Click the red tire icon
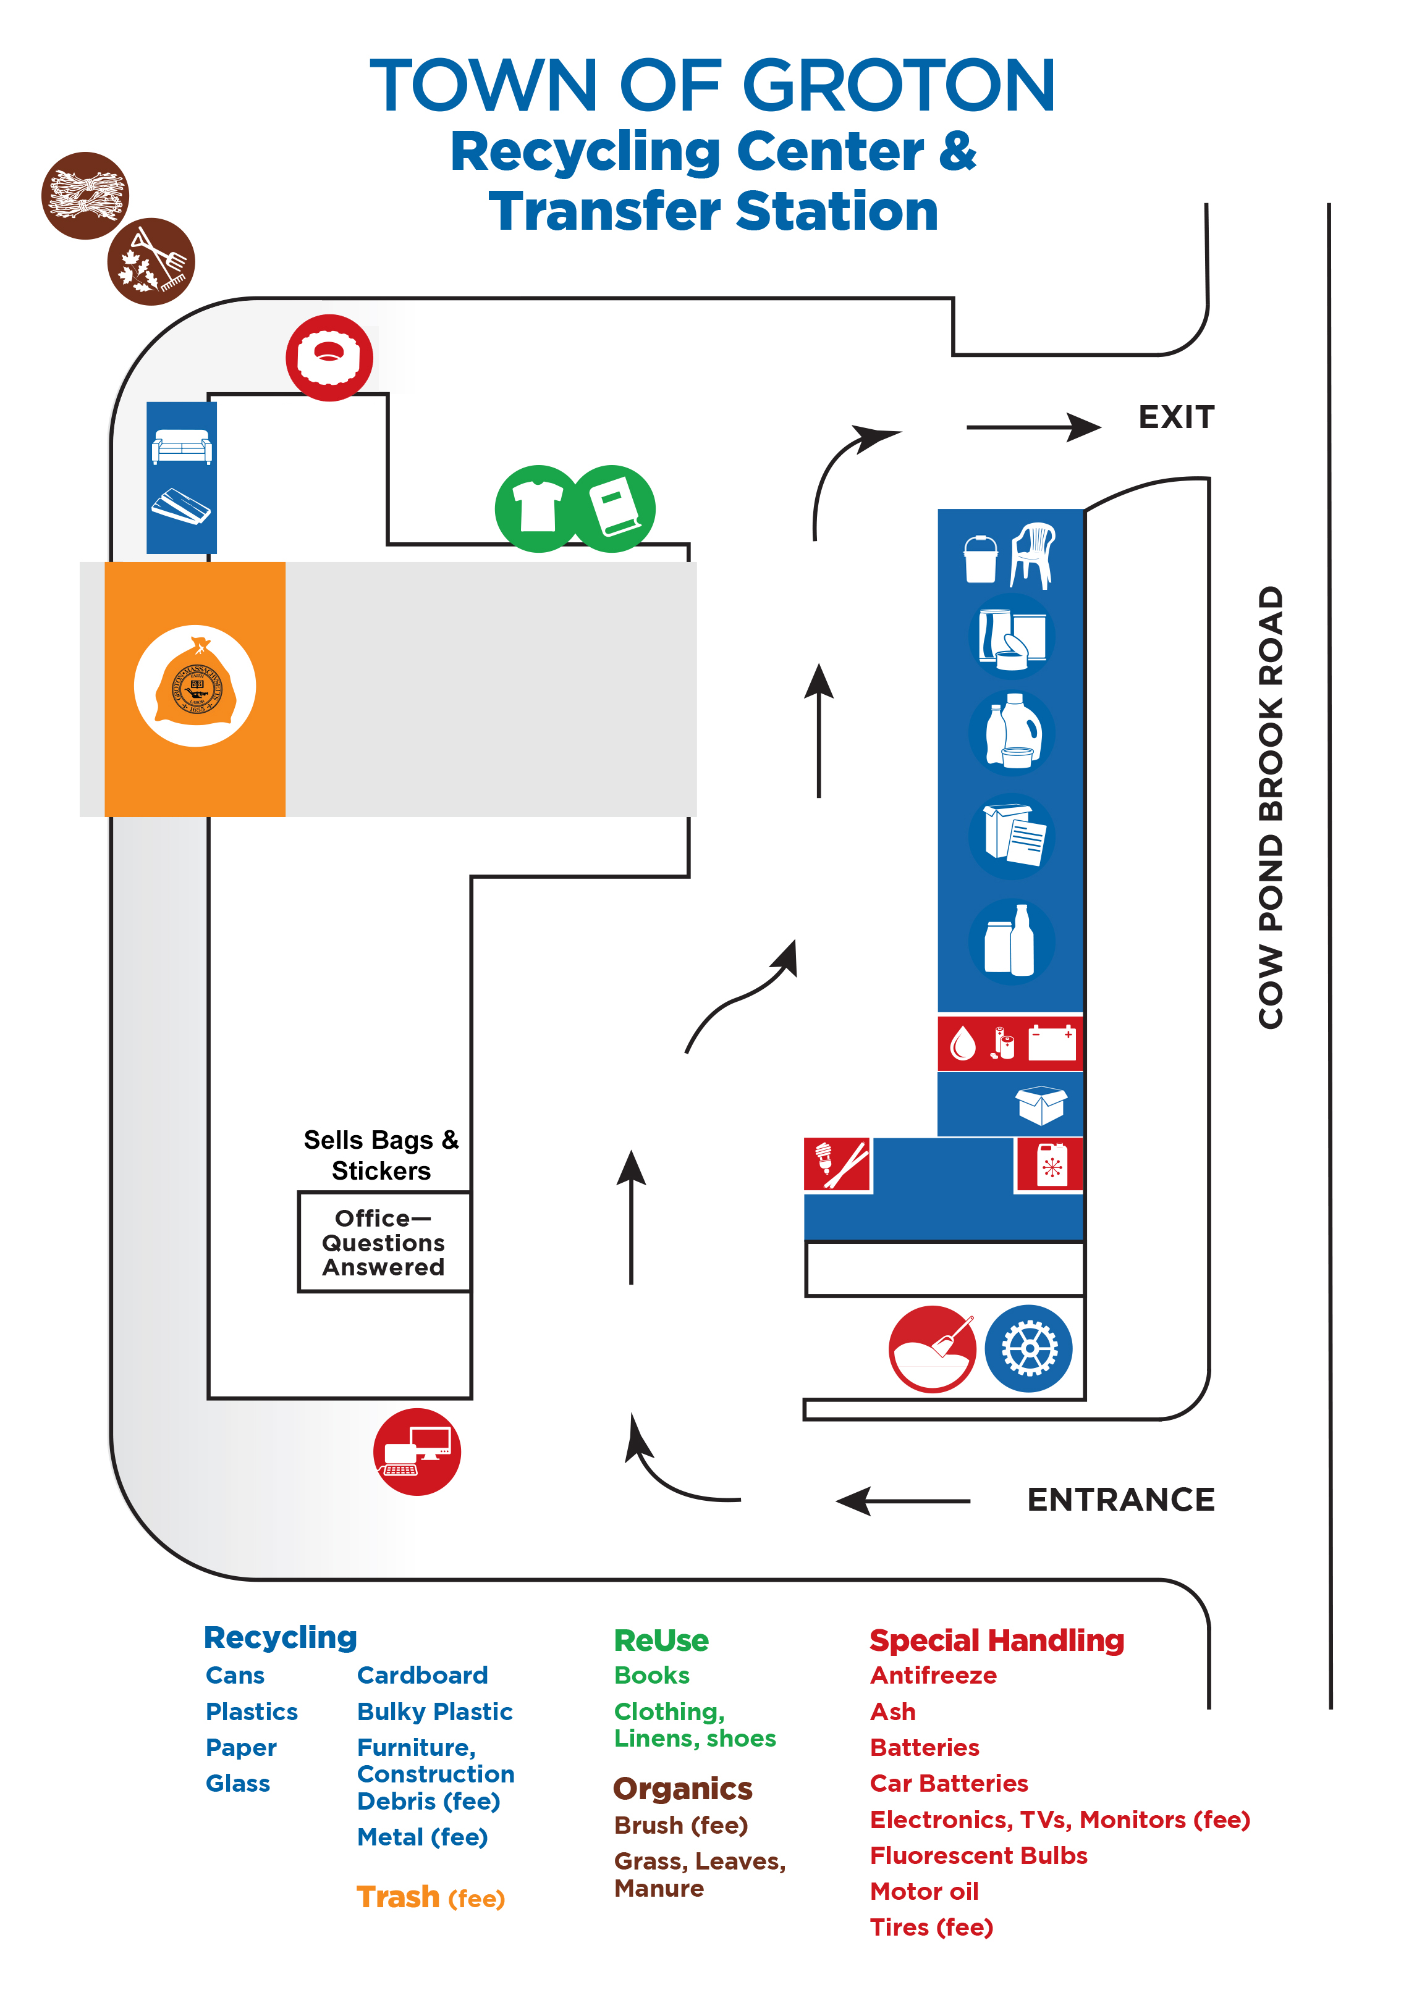(x=329, y=357)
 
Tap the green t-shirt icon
(x=538, y=508)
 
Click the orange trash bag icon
(x=195, y=686)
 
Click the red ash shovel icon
(x=932, y=1349)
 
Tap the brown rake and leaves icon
(x=151, y=262)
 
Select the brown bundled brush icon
(x=85, y=195)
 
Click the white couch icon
(x=181, y=447)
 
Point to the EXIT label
(x=1176, y=418)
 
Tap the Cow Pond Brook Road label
(x=1271, y=807)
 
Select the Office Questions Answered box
(x=384, y=1242)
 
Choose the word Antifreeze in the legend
(x=933, y=1675)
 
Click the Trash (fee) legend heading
(x=430, y=1897)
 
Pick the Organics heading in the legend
(x=682, y=1789)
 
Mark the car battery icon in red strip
(x=1052, y=1043)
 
